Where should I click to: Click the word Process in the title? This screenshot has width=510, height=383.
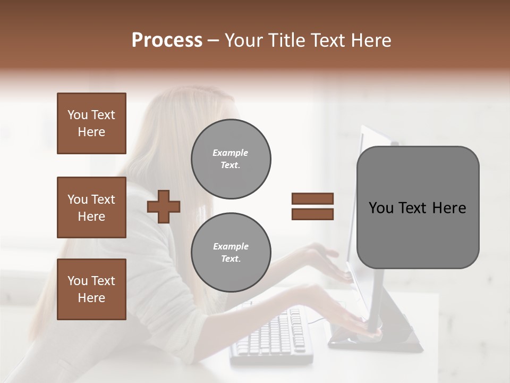click(167, 40)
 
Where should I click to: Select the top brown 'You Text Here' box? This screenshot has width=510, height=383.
click(91, 123)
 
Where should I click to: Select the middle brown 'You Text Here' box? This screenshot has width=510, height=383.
click(91, 207)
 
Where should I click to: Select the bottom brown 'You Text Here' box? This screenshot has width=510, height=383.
click(91, 289)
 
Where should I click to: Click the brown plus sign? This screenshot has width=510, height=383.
click(164, 206)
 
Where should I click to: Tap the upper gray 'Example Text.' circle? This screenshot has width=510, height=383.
click(231, 159)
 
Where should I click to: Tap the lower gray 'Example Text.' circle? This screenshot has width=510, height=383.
click(231, 252)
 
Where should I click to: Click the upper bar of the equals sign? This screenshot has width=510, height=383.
click(312, 198)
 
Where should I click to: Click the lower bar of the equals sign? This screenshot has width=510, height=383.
click(312, 214)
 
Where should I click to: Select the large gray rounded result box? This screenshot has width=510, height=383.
click(418, 207)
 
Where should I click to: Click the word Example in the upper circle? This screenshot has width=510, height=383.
click(231, 153)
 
